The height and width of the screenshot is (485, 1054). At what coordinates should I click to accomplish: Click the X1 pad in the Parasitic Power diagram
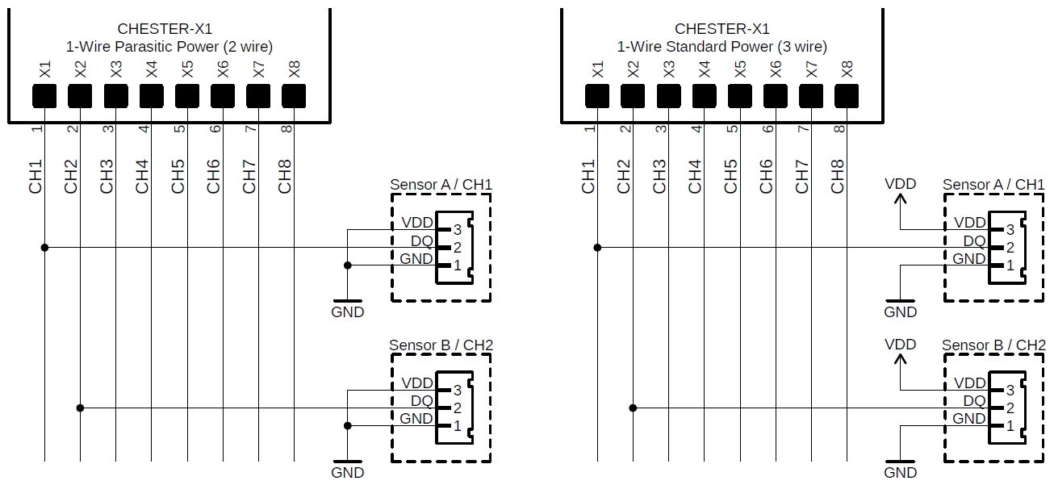pyautogui.click(x=44, y=96)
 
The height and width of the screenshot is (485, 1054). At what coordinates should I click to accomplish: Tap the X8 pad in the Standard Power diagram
pyautogui.click(x=846, y=96)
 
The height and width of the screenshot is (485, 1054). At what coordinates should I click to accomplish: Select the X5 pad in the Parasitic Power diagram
pyautogui.click(x=186, y=96)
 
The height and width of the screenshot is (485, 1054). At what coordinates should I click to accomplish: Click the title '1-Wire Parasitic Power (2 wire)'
pyautogui.click(x=169, y=47)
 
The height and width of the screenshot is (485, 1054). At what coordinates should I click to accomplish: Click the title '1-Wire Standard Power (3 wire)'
pyautogui.click(x=721, y=47)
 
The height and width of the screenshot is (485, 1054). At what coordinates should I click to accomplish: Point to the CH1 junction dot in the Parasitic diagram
pyautogui.click(x=44, y=247)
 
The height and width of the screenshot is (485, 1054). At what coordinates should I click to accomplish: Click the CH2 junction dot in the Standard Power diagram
pyautogui.click(x=633, y=408)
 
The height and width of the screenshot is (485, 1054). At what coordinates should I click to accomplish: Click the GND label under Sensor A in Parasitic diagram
pyautogui.click(x=348, y=312)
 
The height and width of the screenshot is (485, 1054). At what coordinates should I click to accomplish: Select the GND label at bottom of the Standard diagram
pyautogui.click(x=900, y=473)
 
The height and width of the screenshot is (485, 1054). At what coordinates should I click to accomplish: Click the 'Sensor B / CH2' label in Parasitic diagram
pyautogui.click(x=441, y=345)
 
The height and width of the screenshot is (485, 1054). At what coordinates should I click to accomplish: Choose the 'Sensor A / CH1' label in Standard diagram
pyautogui.click(x=993, y=185)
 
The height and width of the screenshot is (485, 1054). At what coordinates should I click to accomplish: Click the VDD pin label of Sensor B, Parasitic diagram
pyautogui.click(x=417, y=383)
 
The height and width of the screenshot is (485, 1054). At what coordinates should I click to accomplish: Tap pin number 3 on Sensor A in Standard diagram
pyautogui.click(x=1010, y=229)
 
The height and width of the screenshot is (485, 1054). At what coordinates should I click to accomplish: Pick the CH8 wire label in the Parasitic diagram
pyautogui.click(x=285, y=176)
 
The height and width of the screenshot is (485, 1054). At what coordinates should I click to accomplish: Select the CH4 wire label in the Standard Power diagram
pyautogui.click(x=695, y=176)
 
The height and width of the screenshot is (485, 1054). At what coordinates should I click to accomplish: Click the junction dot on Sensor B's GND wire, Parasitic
pyautogui.click(x=348, y=425)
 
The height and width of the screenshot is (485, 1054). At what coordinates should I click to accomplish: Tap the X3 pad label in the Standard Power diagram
pyautogui.click(x=668, y=69)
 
